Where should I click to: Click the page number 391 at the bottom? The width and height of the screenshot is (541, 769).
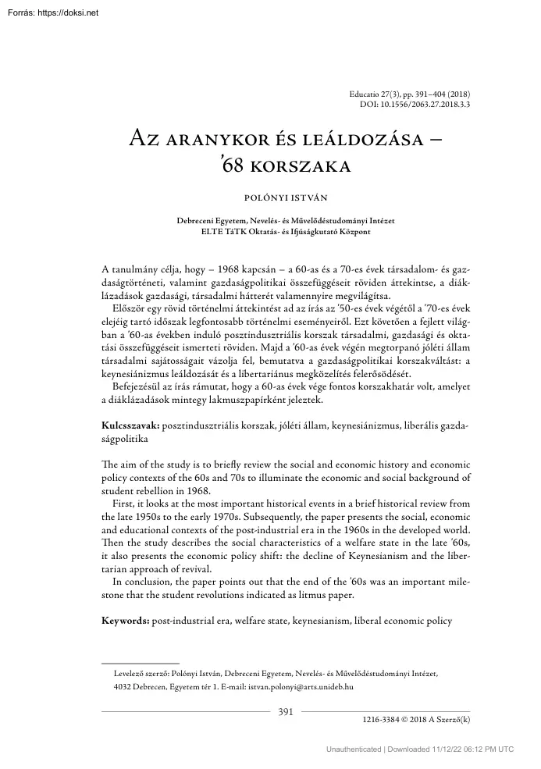286,710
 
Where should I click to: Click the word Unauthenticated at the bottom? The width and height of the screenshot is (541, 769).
353,749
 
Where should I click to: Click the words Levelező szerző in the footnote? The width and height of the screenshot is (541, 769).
143,671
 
